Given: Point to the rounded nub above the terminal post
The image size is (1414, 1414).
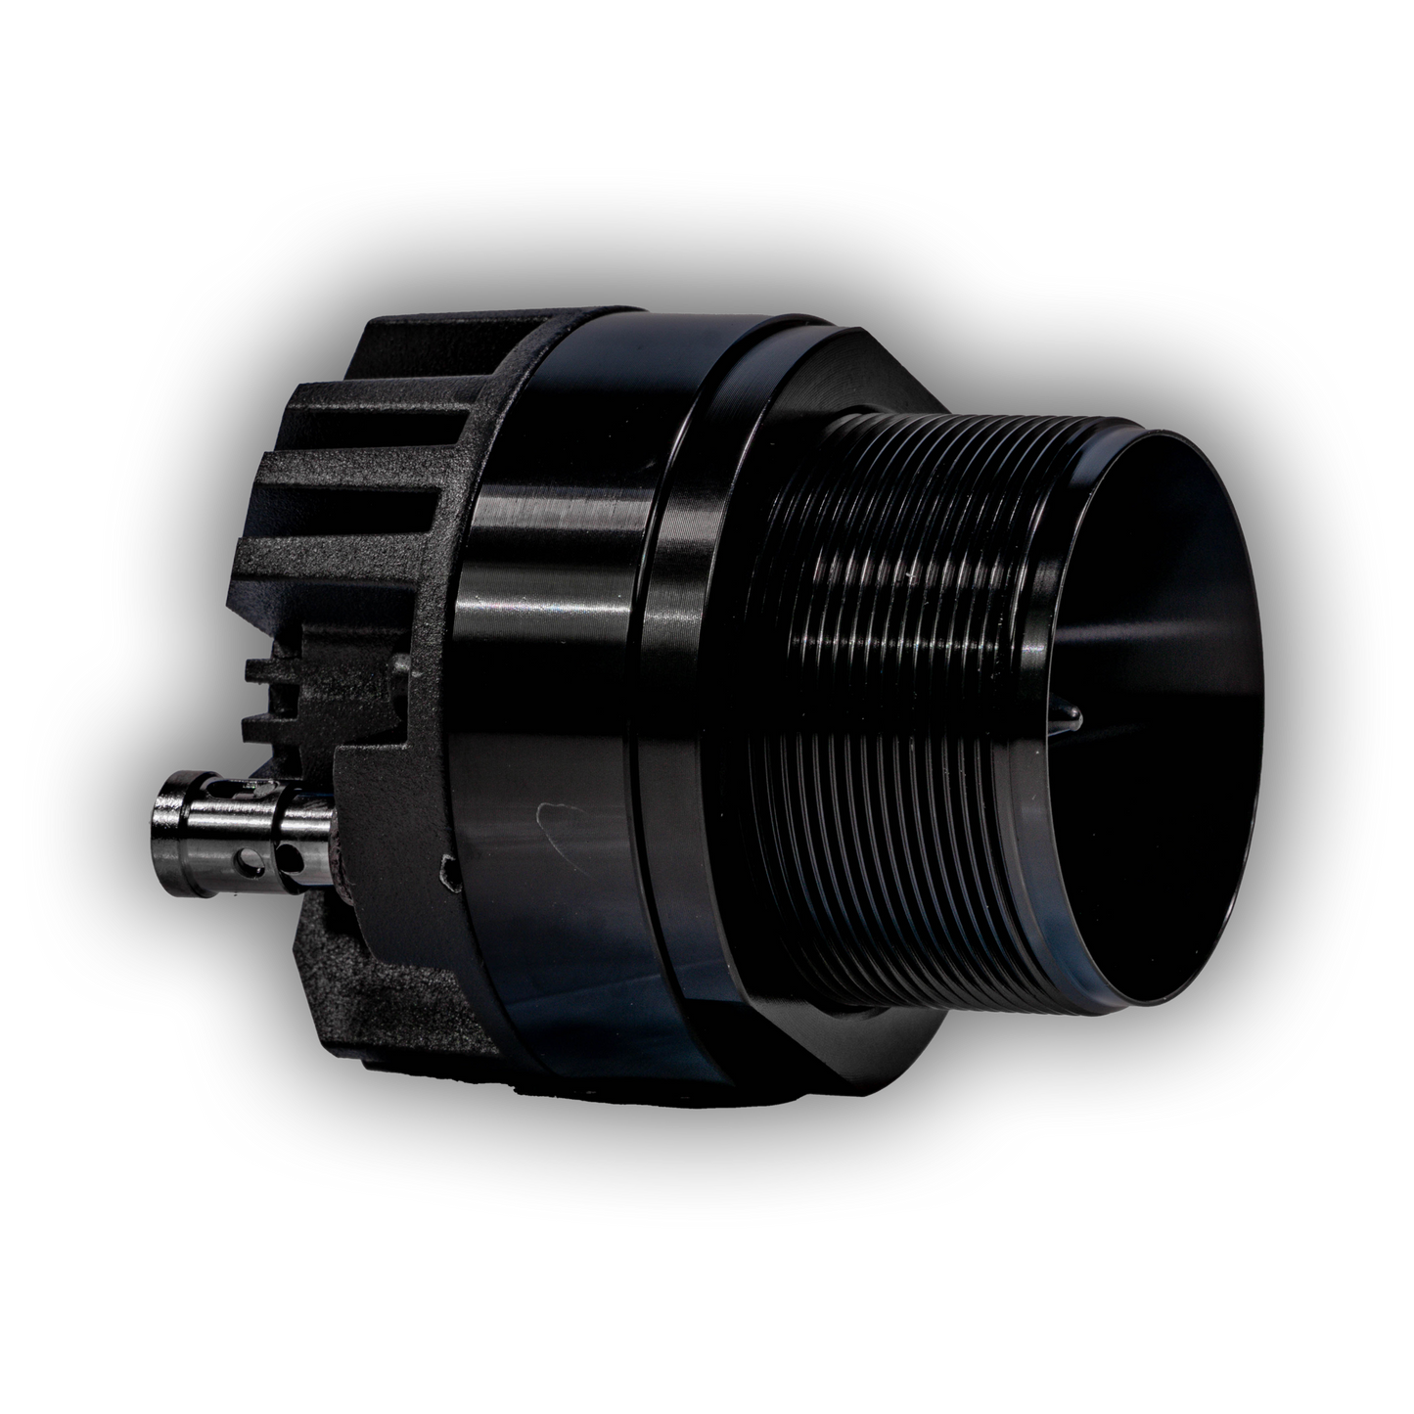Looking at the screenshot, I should (x=399, y=665).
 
